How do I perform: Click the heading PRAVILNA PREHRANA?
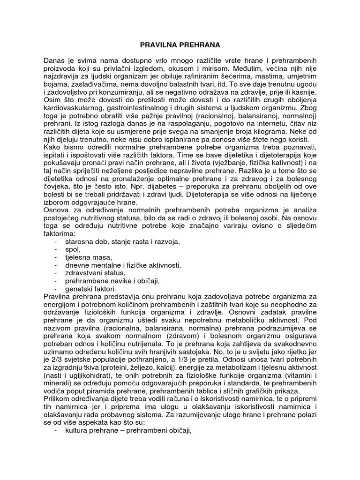click(180, 45)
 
